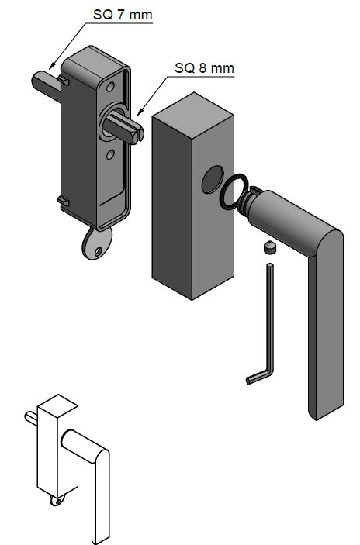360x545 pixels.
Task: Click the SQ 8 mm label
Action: pyautogui.click(x=204, y=68)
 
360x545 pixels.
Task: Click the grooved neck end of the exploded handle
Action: pyautogui.click(x=249, y=202)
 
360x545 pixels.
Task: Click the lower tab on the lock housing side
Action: pyautogui.click(x=63, y=202)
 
